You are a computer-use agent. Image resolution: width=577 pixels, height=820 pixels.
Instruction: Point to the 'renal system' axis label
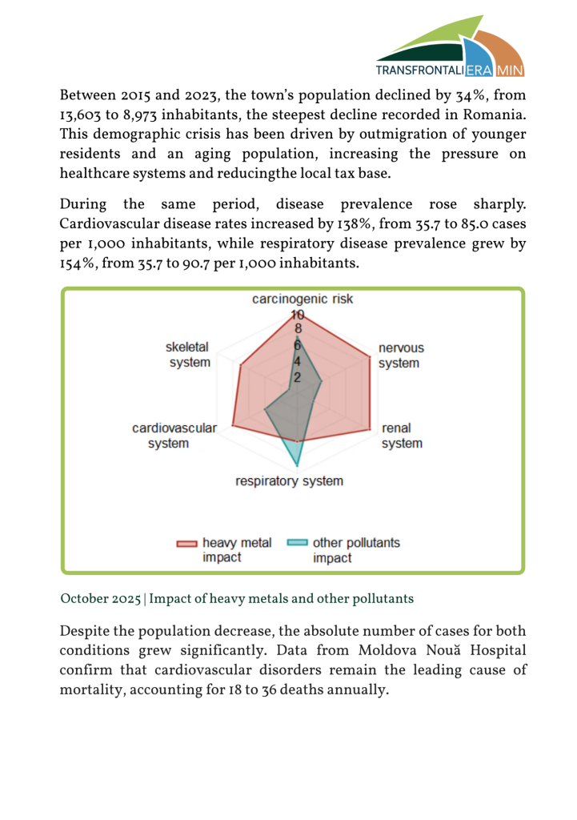[401, 436]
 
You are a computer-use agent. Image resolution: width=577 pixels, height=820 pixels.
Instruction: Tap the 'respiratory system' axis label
[289, 481]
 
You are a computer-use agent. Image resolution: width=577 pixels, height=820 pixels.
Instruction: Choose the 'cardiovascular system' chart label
[174, 436]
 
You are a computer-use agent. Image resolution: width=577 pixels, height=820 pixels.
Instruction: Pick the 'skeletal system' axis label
[189, 355]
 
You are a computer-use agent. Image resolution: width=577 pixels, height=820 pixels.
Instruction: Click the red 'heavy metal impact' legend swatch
[186, 544]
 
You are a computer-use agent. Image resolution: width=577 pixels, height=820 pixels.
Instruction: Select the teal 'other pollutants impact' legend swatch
[297, 544]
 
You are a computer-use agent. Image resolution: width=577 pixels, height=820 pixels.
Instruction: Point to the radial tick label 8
[298, 328]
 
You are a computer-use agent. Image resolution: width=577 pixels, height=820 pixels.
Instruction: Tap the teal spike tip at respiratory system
[298, 466]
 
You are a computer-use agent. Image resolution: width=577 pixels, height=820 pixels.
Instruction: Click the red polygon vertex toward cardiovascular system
[232, 425]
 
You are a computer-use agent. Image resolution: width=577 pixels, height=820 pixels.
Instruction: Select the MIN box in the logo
[511, 70]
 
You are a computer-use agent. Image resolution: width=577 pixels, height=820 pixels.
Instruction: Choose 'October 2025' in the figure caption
[102, 598]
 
